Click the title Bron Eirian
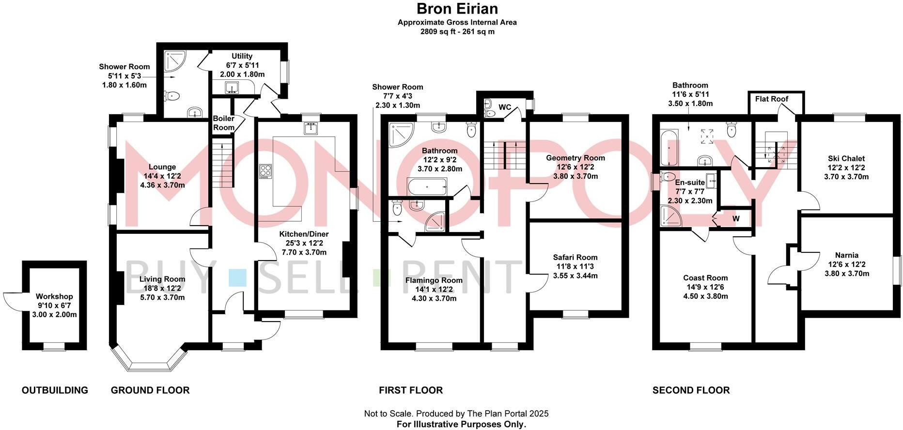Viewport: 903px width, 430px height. point(457,9)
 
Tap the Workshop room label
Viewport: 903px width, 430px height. point(54,296)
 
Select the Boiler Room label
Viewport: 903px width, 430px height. point(224,123)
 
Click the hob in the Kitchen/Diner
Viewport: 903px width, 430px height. point(265,171)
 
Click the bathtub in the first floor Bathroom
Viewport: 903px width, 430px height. point(427,186)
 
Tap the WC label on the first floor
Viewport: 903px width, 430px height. point(505,107)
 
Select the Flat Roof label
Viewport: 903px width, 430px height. point(772,99)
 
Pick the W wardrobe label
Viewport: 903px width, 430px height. point(736,219)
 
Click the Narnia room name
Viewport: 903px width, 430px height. point(846,255)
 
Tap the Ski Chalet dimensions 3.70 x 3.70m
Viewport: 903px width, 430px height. point(846,177)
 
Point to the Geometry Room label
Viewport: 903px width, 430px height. point(575,158)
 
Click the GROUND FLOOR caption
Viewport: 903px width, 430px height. point(150,390)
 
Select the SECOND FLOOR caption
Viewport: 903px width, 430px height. point(691,390)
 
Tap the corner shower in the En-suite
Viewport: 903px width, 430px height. point(670,215)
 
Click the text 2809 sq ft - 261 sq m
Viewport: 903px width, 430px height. point(457,32)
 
